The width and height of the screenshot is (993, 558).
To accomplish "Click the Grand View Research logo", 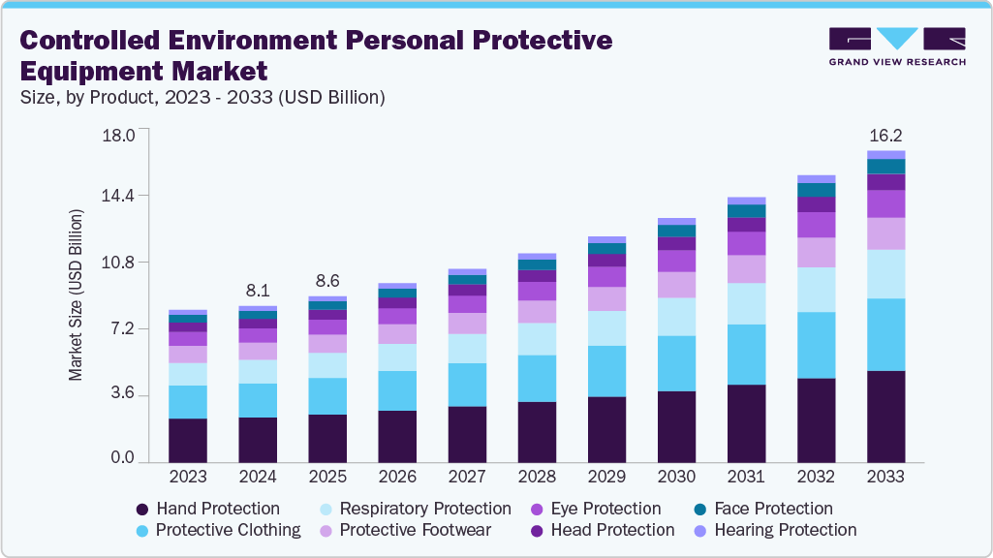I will coord(897,46).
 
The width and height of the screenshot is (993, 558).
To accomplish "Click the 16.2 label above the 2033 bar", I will coord(885,135).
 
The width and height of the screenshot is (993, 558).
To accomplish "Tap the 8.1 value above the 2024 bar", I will coord(258,289).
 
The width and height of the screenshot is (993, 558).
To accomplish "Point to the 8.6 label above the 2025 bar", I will coord(327,280).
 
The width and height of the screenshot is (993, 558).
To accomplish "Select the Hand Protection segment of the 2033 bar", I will coord(885,416).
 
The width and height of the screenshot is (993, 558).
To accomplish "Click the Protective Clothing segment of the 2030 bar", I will coord(676,363).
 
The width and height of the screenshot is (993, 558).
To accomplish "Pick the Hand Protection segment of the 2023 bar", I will coord(188,440).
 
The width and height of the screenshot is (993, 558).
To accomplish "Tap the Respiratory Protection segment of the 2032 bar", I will coord(816,290).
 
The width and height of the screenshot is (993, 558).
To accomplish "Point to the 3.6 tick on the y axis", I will coord(122,395).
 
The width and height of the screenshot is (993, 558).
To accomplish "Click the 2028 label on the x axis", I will coord(537,477).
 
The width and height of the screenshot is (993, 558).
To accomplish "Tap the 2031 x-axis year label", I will coord(746,477).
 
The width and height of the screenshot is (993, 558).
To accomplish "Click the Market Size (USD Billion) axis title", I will coord(76,294).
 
